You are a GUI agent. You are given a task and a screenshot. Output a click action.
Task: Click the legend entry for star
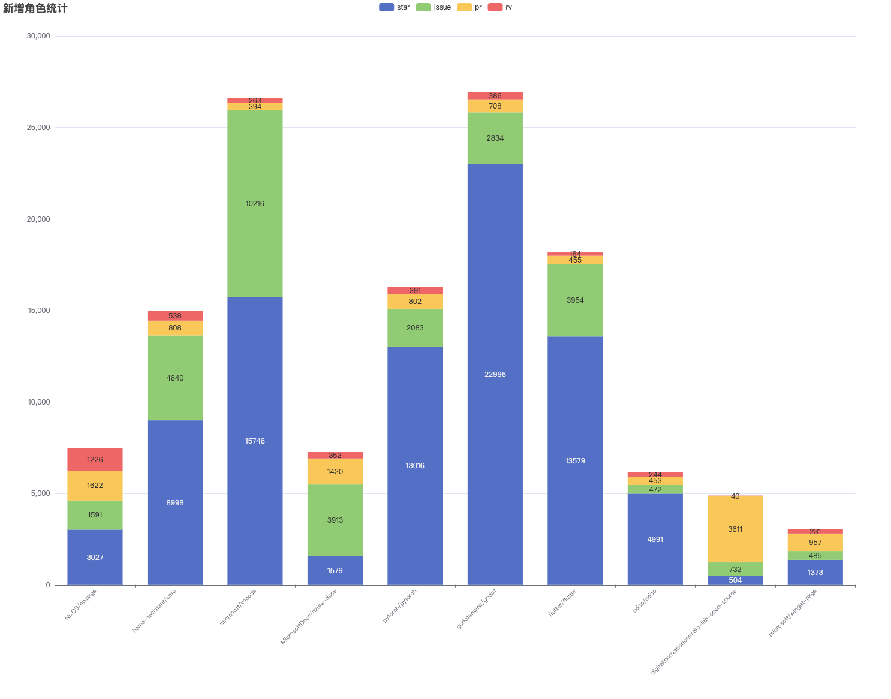pos(395,7)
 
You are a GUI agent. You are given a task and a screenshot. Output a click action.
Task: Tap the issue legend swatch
pos(423,7)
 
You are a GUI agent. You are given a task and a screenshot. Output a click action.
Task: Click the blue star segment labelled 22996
pos(495,374)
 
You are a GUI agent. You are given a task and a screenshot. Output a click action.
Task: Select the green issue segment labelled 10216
pos(255,203)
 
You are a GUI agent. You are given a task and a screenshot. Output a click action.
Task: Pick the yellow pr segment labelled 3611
pos(735,529)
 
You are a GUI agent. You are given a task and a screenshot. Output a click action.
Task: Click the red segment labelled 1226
pos(95,459)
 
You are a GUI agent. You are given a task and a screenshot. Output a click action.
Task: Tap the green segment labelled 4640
pos(175,378)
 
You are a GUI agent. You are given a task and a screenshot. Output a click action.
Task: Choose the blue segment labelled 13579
pos(575,460)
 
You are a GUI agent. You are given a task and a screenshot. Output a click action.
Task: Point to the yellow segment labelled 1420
pos(335,471)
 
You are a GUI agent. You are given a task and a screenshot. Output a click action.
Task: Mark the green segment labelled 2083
pos(415,327)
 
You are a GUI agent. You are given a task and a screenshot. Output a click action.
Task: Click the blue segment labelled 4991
pos(655,539)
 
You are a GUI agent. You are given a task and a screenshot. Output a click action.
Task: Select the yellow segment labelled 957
pos(815,542)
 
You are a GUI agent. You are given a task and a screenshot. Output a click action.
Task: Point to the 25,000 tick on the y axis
pos(38,128)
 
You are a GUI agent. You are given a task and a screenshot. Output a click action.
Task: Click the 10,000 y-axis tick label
pos(38,402)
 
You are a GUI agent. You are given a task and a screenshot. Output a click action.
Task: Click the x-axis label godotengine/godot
pos(477,608)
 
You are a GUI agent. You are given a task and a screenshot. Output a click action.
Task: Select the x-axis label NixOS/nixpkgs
pos(81,604)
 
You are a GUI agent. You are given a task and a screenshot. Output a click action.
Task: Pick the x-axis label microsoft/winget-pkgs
pos(793,612)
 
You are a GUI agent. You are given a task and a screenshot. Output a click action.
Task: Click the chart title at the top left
pos(35,8)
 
